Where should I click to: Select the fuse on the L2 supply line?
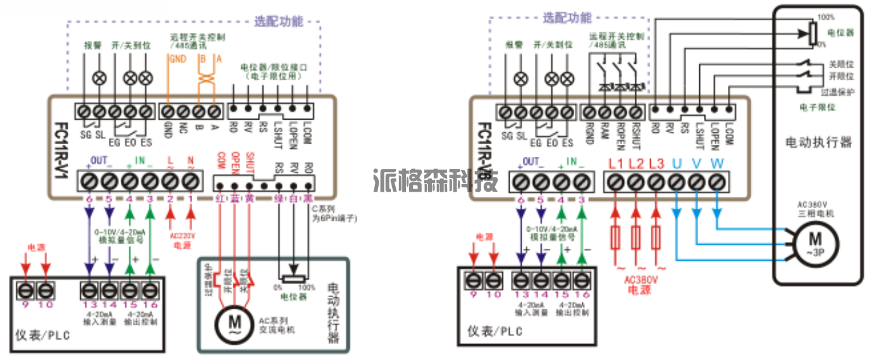pyautogui.click(x=636, y=239)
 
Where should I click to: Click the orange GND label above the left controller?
pyautogui.click(x=175, y=59)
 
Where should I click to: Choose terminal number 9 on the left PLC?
pyautogui.click(x=25, y=306)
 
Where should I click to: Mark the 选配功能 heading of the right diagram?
pyautogui.click(x=567, y=18)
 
